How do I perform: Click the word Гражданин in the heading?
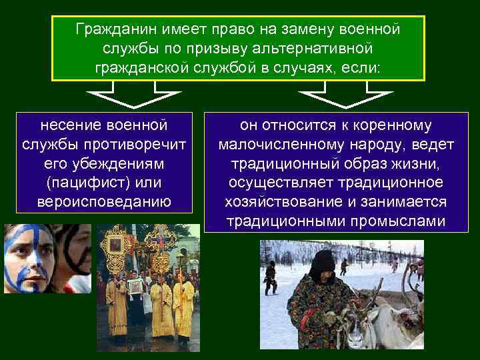click(107, 30)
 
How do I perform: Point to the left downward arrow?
click(135, 96)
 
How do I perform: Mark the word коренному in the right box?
click(386, 125)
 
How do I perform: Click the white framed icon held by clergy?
click(135, 287)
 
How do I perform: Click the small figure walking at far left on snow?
click(271, 277)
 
